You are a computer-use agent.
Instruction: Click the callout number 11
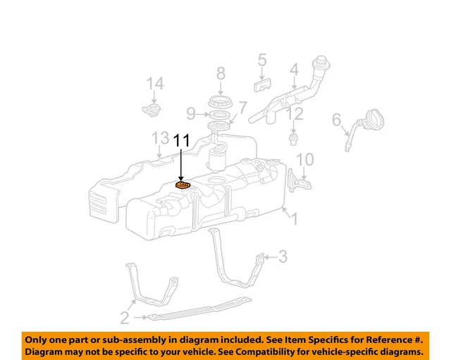(x=182, y=140)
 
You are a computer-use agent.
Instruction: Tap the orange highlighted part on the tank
(x=183, y=185)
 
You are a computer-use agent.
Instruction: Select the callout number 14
(x=155, y=85)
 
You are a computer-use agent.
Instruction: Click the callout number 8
(x=221, y=73)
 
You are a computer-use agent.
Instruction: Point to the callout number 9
(x=191, y=113)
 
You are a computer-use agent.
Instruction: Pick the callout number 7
(x=242, y=108)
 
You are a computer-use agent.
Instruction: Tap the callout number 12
(x=295, y=113)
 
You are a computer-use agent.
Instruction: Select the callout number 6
(x=336, y=119)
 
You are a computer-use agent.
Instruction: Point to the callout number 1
(x=295, y=220)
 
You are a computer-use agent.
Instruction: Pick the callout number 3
(x=283, y=256)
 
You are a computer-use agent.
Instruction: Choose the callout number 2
(x=124, y=318)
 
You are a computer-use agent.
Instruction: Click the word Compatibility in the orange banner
(x=273, y=350)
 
